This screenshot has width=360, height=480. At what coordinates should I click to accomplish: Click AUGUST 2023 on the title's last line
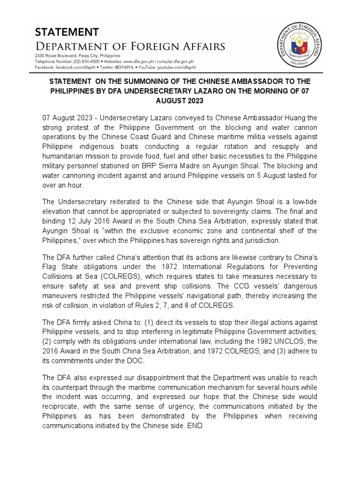(x=180, y=100)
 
